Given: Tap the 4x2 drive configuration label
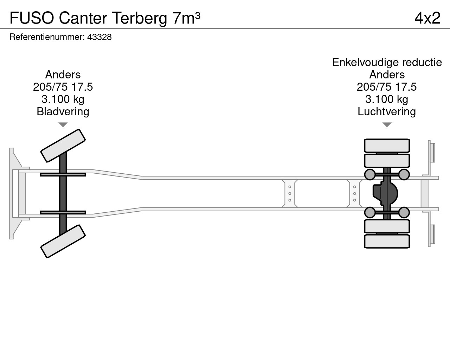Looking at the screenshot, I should click(x=427, y=18).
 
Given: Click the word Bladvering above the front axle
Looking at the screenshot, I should click(x=63, y=112).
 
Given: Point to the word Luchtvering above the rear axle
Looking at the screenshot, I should click(x=387, y=112).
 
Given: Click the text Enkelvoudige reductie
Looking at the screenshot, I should click(x=387, y=63).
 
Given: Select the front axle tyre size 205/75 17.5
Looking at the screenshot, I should click(x=63, y=87).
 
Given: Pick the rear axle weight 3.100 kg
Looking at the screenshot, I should click(x=387, y=99).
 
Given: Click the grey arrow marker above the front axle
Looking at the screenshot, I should click(x=63, y=125).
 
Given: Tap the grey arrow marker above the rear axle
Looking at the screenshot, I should click(x=387, y=125).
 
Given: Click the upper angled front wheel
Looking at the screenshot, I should click(x=63, y=146).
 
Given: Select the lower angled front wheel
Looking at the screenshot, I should click(x=63, y=241).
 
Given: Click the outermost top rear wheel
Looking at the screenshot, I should click(x=387, y=146).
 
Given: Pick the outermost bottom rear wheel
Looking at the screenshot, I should click(x=387, y=242).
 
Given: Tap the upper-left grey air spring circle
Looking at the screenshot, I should click(x=369, y=174).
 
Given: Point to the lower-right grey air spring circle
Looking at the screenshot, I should click(x=404, y=212).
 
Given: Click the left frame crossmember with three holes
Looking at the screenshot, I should click(x=290, y=193).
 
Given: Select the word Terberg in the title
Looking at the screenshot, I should click(x=140, y=18).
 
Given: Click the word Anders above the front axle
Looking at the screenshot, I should click(x=63, y=75).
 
